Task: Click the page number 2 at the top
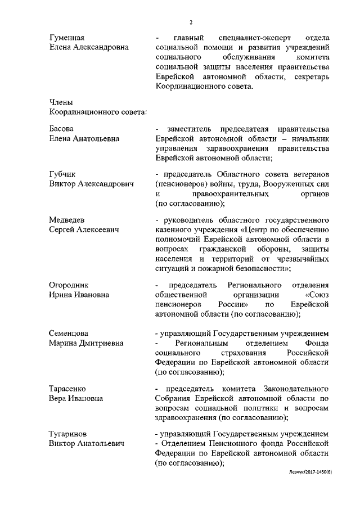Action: [x=191, y=22]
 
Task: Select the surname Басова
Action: [x=62, y=129]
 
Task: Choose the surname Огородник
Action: [x=69, y=285]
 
